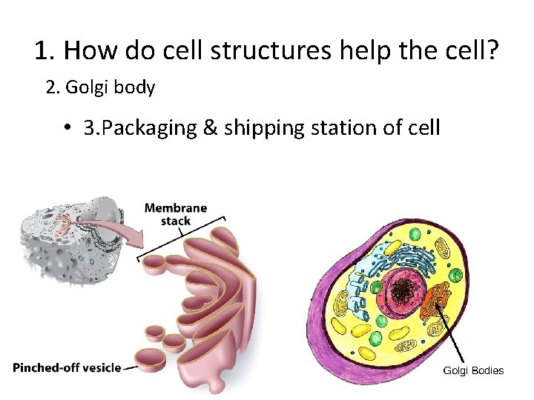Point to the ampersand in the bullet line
pyautogui.click(x=210, y=128)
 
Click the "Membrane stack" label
pyautogui.click(x=176, y=214)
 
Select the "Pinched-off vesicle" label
pyautogui.click(x=67, y=367)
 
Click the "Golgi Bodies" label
pyautogui.click(x=473, y=370)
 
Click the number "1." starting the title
pyautogui.click(x=44, y=50)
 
